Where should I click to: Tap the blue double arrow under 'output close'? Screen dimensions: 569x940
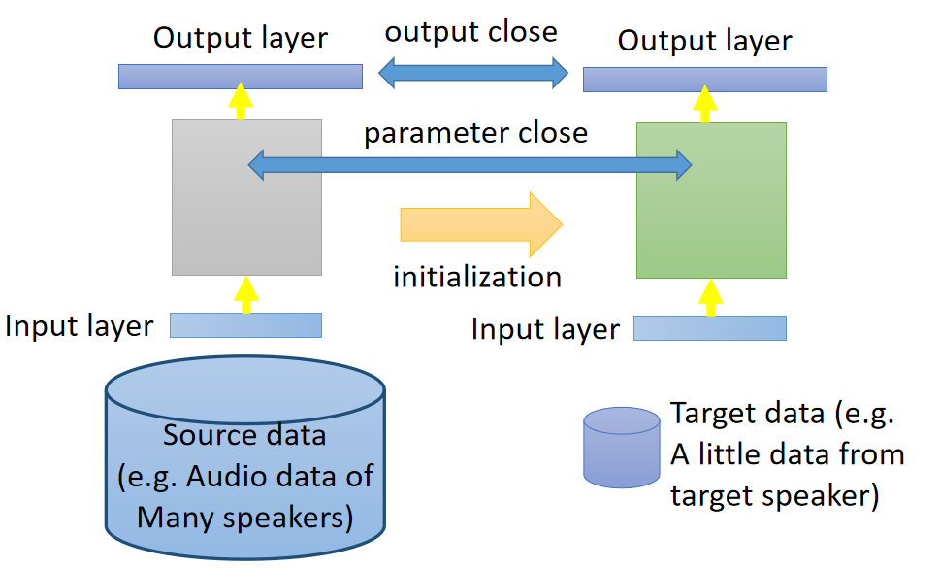tap(472, 73)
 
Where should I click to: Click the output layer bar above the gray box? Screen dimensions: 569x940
tap(241, 77)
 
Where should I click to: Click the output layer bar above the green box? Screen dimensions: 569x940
tap(704, 80)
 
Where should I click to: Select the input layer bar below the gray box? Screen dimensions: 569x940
tap(245, 325)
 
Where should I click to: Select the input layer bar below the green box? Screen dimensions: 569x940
tap(709, 328)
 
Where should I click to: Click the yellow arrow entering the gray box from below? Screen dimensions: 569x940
tap(246, 294)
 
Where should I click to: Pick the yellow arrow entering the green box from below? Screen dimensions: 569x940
tap(711, 297)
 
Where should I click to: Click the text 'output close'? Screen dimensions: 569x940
tap(471, 32)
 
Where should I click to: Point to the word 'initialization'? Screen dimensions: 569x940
tap(477, 277)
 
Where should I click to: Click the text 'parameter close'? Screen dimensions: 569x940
tap(475, 132)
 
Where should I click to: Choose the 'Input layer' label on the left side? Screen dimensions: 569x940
tap(80, 326)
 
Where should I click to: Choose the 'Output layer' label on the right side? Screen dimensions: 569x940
tap(704, 42)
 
